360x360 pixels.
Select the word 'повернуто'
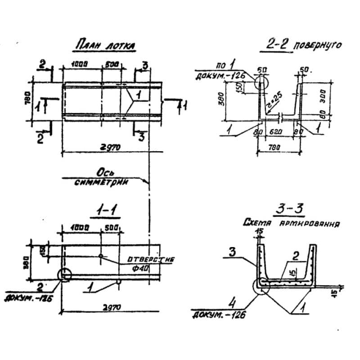pyautogui.click(x=317, y=46)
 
